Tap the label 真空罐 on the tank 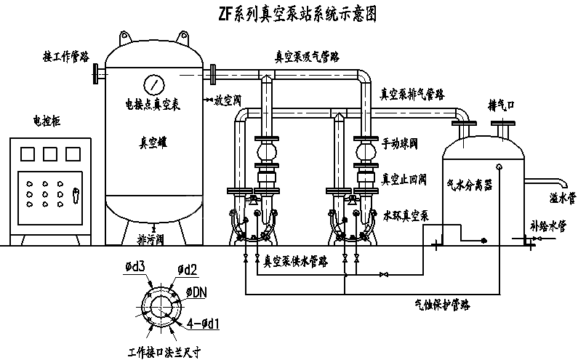click(153, 143)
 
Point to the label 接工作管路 click(67, 55)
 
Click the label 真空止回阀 click(404, 178)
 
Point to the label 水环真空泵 click(407, 216)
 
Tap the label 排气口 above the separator click(502, 106)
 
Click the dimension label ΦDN click(197, 292)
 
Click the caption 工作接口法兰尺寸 click(164, 351)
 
